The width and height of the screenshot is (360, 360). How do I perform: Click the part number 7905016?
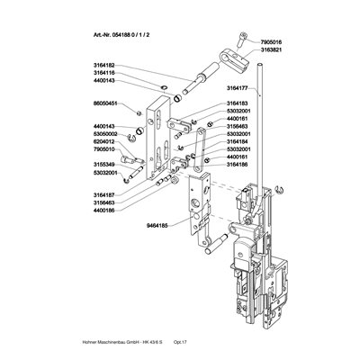point(271,42)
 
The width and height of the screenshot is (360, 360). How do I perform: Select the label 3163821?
point(271,49)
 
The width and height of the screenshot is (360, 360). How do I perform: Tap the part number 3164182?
point(104,65)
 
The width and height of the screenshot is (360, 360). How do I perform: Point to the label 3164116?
point(104,73)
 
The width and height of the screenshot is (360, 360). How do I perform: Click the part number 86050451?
point(104,103)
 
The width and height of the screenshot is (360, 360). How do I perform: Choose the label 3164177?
point(237,88)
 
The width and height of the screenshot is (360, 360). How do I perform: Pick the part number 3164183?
point(237,103)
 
